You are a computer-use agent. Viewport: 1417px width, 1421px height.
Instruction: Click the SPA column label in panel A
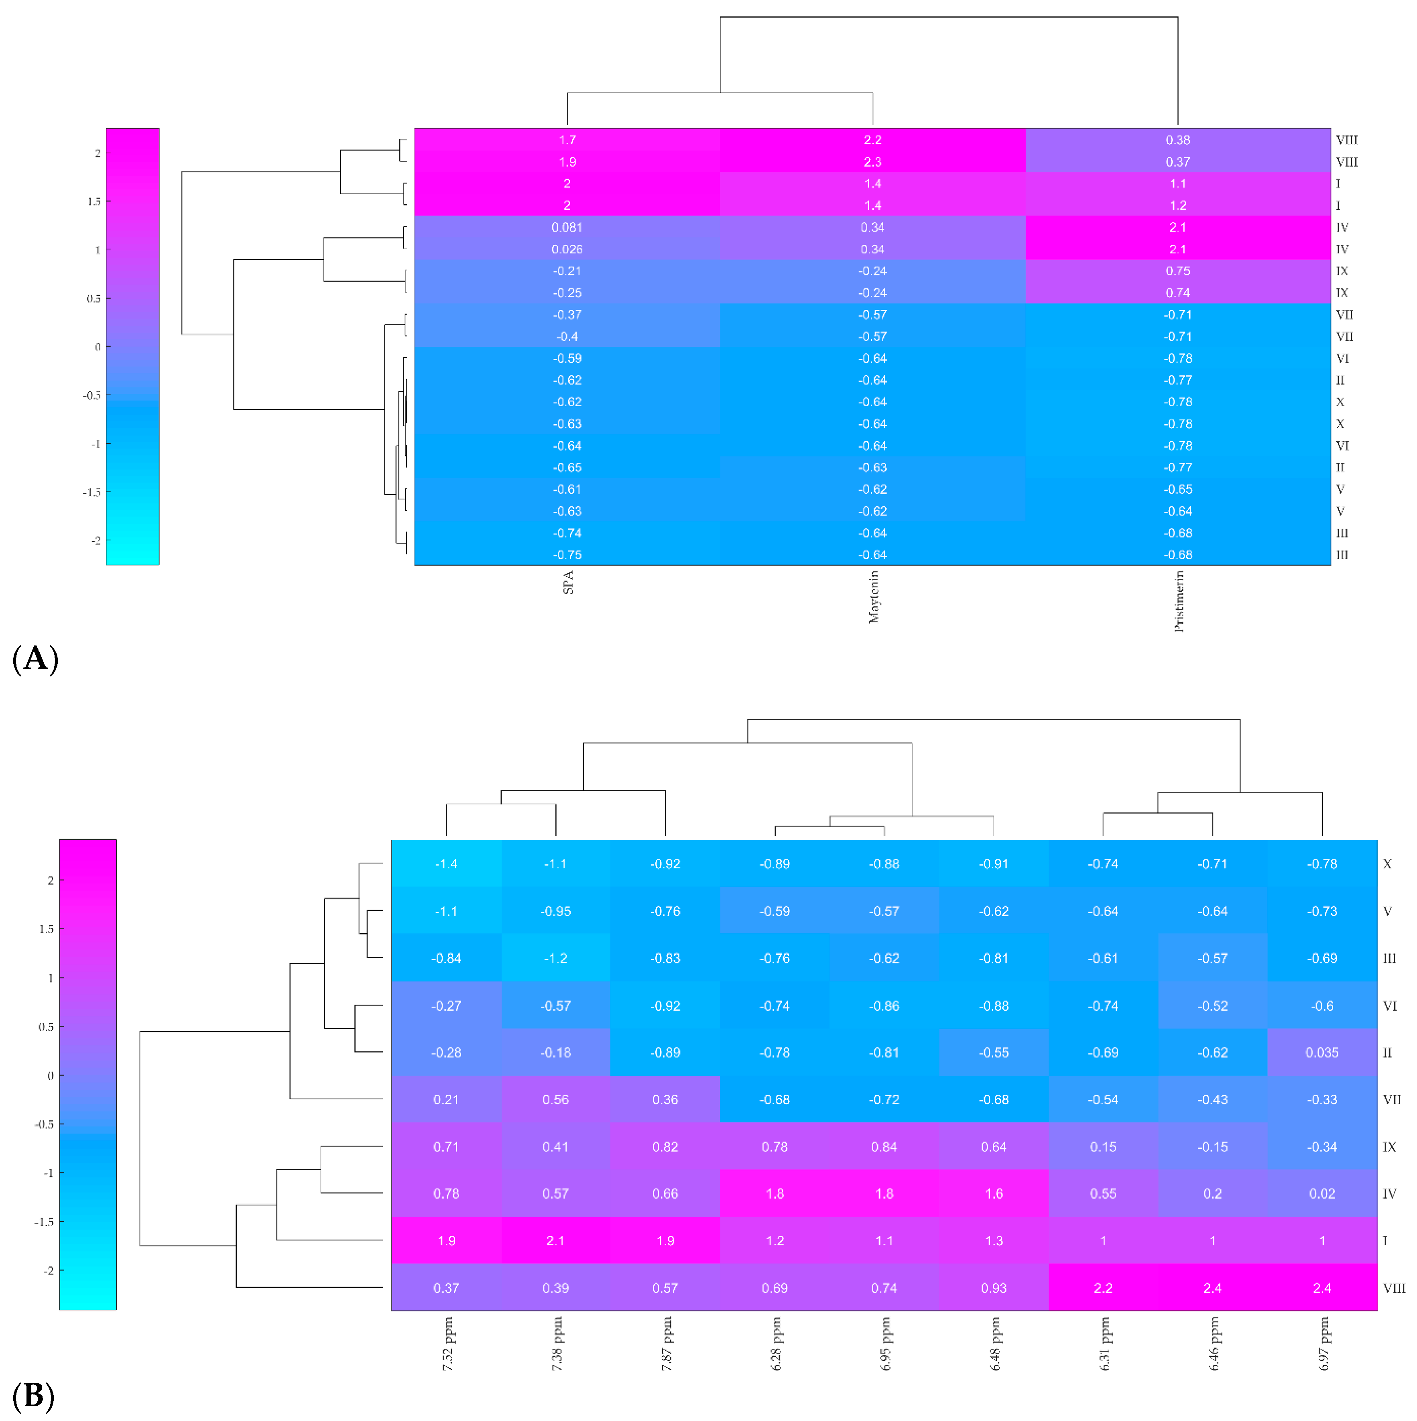coord(568,582)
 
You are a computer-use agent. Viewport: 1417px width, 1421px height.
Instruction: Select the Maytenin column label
coord(873,597)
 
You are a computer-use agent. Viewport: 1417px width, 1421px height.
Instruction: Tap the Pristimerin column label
coord(1179,601)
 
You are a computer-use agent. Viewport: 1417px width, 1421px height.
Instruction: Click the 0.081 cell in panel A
coord(567,227)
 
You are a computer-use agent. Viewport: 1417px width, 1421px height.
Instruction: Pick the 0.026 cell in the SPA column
coord(567,249)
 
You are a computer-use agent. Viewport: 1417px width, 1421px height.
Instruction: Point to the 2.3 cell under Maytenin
coord(873,162)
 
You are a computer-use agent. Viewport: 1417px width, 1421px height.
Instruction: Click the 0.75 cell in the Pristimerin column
coord(1178,271)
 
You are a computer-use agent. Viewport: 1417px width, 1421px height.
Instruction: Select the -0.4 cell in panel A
coord(567,336)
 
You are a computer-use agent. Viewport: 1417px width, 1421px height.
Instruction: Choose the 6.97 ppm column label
coord(1323,1344)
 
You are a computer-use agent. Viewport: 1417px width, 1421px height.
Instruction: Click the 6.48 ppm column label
coord(994,1344)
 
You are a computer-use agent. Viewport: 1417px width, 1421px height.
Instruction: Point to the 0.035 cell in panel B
coord(1322,1053)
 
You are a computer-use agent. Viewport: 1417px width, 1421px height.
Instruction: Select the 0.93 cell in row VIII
coord(994,1288)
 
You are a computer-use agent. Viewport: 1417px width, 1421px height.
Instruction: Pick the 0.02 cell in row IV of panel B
coord(1322,1194)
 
